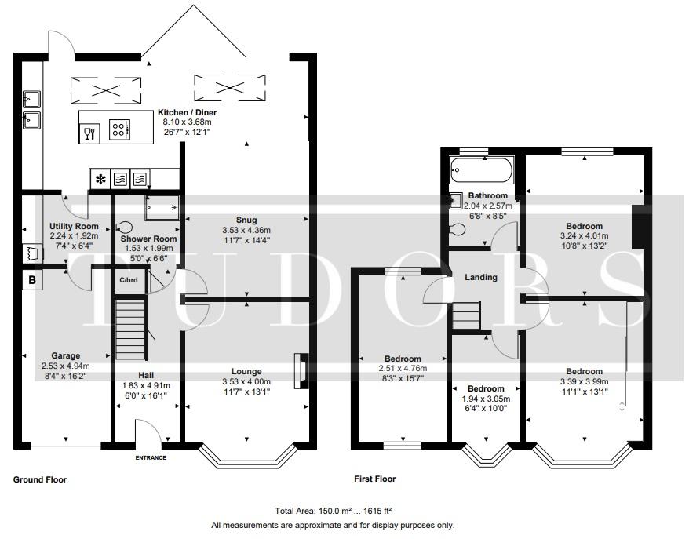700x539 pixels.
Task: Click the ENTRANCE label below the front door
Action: click(151, 457)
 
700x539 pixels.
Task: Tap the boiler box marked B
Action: click(32, 280)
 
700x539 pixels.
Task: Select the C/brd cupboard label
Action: click(129, 280)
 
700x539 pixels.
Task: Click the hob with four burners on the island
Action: click(119, 129)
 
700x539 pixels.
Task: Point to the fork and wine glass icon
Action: click(89, 133)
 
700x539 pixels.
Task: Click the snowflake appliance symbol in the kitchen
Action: click(100, 180)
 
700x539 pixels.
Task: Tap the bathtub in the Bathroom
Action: click(481, 169)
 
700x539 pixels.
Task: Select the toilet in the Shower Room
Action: click(124, 228)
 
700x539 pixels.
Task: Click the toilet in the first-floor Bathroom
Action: click(458, 229)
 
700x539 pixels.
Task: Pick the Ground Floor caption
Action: click(40, 479)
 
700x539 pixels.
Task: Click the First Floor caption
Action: click(375, 479)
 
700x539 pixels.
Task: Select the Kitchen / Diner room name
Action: click(187, 112)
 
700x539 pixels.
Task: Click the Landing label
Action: click(481, 277)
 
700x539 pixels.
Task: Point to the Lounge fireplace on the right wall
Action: click(301, 372)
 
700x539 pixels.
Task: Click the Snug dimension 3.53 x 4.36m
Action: click(246, 230)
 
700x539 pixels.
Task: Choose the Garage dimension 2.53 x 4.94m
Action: click(66, 366)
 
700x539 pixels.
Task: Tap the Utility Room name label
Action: click(74, 226)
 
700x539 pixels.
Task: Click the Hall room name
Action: click(146, 375)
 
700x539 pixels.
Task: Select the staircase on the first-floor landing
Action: click(466, 316)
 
